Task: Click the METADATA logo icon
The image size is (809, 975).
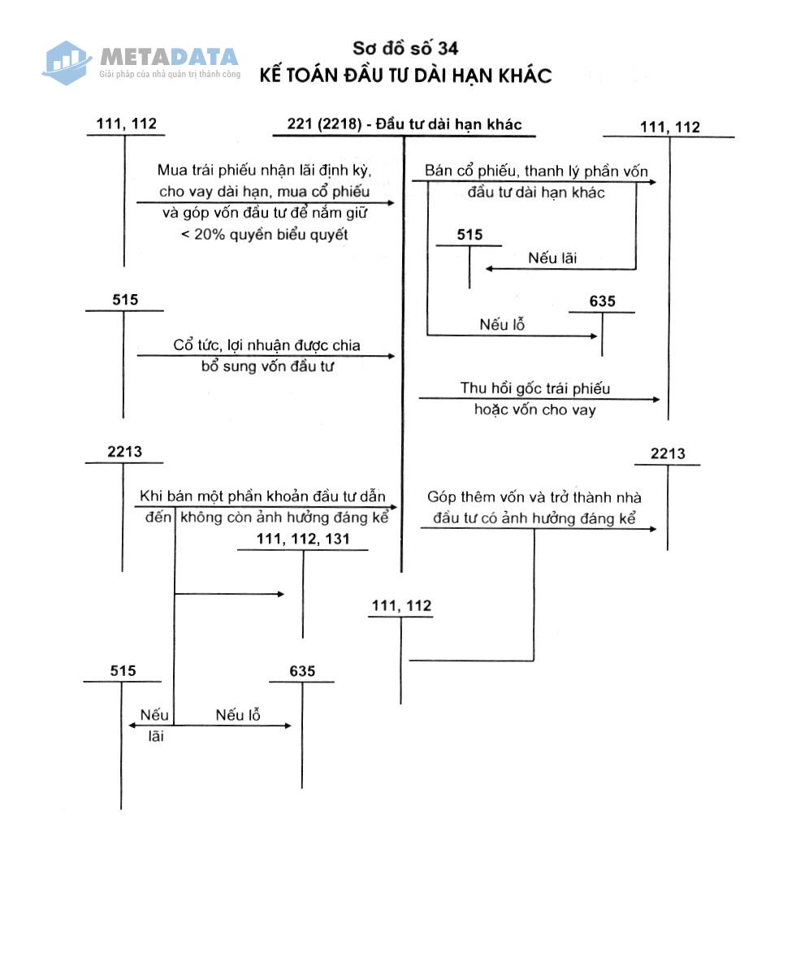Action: click(67, 63)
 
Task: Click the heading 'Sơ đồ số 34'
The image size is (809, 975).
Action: click(405, 48)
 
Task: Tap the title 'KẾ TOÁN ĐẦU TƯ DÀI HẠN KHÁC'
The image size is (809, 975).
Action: click(405, 76)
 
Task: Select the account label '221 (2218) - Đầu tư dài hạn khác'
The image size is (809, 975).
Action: click(404, 123)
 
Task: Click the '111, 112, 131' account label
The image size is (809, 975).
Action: click(303, 539)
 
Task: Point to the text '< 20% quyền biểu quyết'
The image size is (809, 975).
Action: click(264, 234)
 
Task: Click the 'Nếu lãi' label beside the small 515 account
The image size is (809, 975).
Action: click(552, 258)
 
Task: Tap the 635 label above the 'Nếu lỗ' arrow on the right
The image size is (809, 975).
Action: click(602, 301)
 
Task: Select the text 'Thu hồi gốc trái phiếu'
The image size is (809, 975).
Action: click(535, 388)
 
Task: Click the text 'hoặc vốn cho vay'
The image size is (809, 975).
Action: click(535, 409)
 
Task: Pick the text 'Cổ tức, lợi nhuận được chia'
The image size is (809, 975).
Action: click(266, 344)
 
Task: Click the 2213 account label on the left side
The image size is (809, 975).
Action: click(124, 452)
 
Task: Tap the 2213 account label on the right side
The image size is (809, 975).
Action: click(668, 453)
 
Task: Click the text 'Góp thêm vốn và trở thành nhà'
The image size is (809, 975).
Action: click(534, 496)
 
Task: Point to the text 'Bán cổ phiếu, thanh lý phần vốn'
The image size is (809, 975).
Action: click(536, 171)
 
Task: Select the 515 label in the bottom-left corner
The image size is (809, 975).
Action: click(123, 670)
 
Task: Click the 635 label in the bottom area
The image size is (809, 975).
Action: click(302, 671)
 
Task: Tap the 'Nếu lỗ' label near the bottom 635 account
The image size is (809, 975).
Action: click(238, 715)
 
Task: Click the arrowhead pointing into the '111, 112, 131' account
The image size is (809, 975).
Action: click(280, 594)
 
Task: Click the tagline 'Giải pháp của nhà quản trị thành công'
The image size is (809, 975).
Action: click(170, 74)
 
